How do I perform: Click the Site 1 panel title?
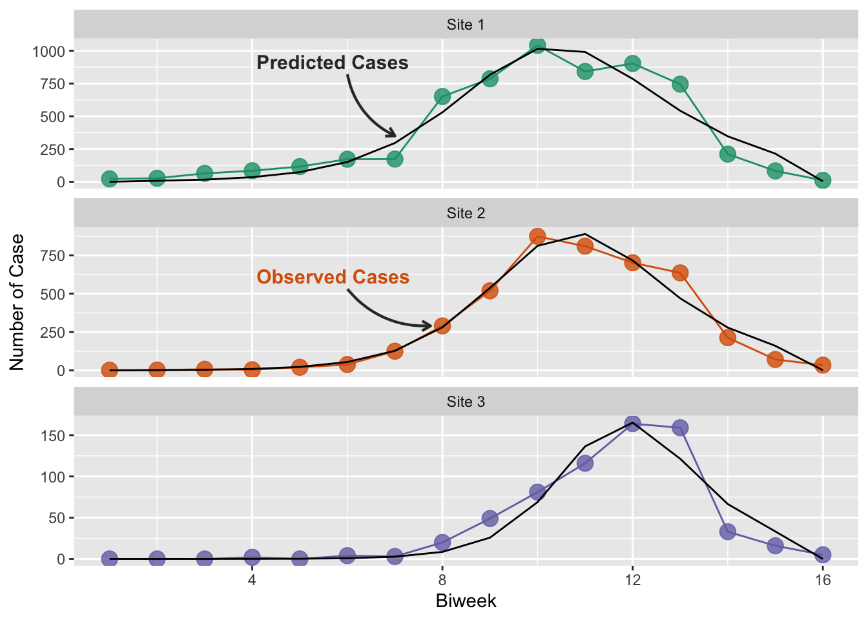tap(465, 25)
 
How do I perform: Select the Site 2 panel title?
tap(465, 214)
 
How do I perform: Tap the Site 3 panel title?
tap(465, 402)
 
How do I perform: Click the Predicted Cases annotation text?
tap(333, 63)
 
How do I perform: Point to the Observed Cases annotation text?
tap(333, 277)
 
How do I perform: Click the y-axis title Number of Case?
tap(17, 302)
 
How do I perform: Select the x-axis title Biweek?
tap(466, 601)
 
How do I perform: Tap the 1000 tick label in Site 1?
tap(48, 51)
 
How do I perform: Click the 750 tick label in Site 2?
tap(52, 256)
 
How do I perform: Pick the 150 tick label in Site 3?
tap(52, 436)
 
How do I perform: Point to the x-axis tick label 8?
tap(442, 580)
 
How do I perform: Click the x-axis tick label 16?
tap(822, 580)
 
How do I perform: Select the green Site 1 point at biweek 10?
tap(537, 45)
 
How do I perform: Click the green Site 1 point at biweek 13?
tap(680, 84)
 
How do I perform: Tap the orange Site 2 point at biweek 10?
tap(537, 236)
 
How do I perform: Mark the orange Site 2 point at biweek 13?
tap(680, 273)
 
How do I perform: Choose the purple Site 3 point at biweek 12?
tap(632, 424)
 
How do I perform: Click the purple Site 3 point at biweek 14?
tap(728, 532)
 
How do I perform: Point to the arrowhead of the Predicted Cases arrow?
tap(395, 136)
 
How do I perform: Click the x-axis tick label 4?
tap(252, 580)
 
